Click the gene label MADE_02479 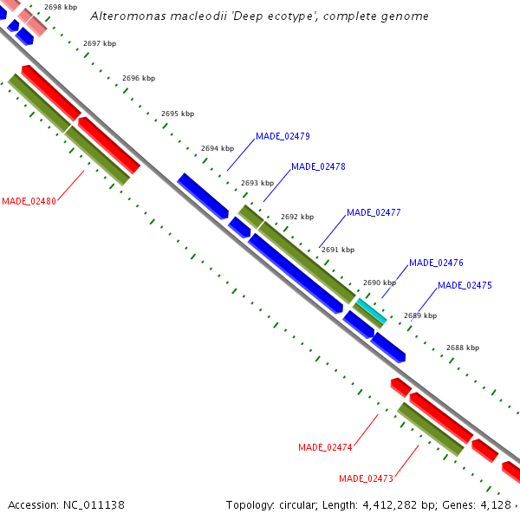click(283, 136)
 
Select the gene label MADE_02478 click(318, 166)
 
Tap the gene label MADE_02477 click(374, 212)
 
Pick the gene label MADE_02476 click(436, 263)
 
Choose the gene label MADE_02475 click(465, 285)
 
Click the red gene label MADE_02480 click(29, 201)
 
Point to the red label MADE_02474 click(325, 447)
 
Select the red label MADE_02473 click(366, 478)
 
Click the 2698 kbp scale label click(61, 7)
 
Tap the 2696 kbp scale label click(139, 78)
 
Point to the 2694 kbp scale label click(218, 148)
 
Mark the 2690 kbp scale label click(380, 283)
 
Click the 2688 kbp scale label click(463, 348)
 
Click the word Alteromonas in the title click(122, 16)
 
